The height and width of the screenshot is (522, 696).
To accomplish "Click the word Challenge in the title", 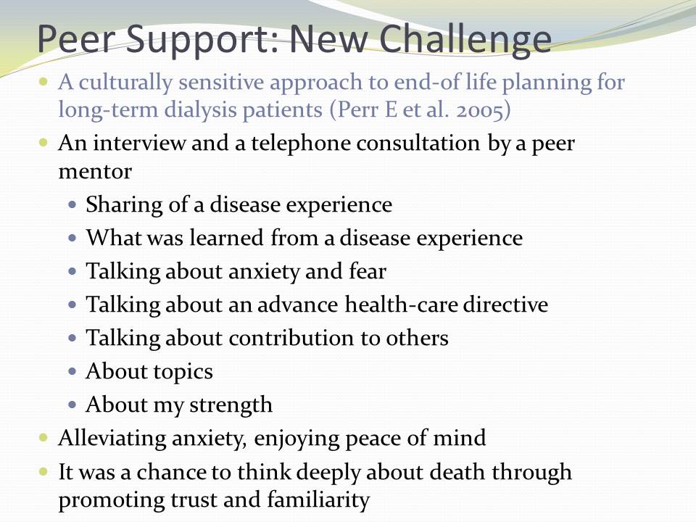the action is point(465,39).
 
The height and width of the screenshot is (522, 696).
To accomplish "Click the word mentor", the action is point(95,172).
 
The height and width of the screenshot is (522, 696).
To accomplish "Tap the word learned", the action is point(226,238).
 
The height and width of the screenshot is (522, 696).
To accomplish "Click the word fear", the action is point(368,270).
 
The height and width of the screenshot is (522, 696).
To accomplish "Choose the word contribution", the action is point(291,338).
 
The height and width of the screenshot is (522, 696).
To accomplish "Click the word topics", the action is point(181,372).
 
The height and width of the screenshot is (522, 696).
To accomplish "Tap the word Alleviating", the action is point(112,438).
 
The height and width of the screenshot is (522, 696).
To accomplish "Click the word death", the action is point(457,471).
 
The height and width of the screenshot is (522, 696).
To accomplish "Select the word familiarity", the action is point(318,500).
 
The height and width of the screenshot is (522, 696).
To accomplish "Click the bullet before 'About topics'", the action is point(72,371).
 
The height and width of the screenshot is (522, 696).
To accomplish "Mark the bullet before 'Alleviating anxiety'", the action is point(43,438).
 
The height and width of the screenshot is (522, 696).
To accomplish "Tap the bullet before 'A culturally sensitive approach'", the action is point(43,82).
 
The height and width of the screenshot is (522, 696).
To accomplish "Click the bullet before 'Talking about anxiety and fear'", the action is point(72,271).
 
